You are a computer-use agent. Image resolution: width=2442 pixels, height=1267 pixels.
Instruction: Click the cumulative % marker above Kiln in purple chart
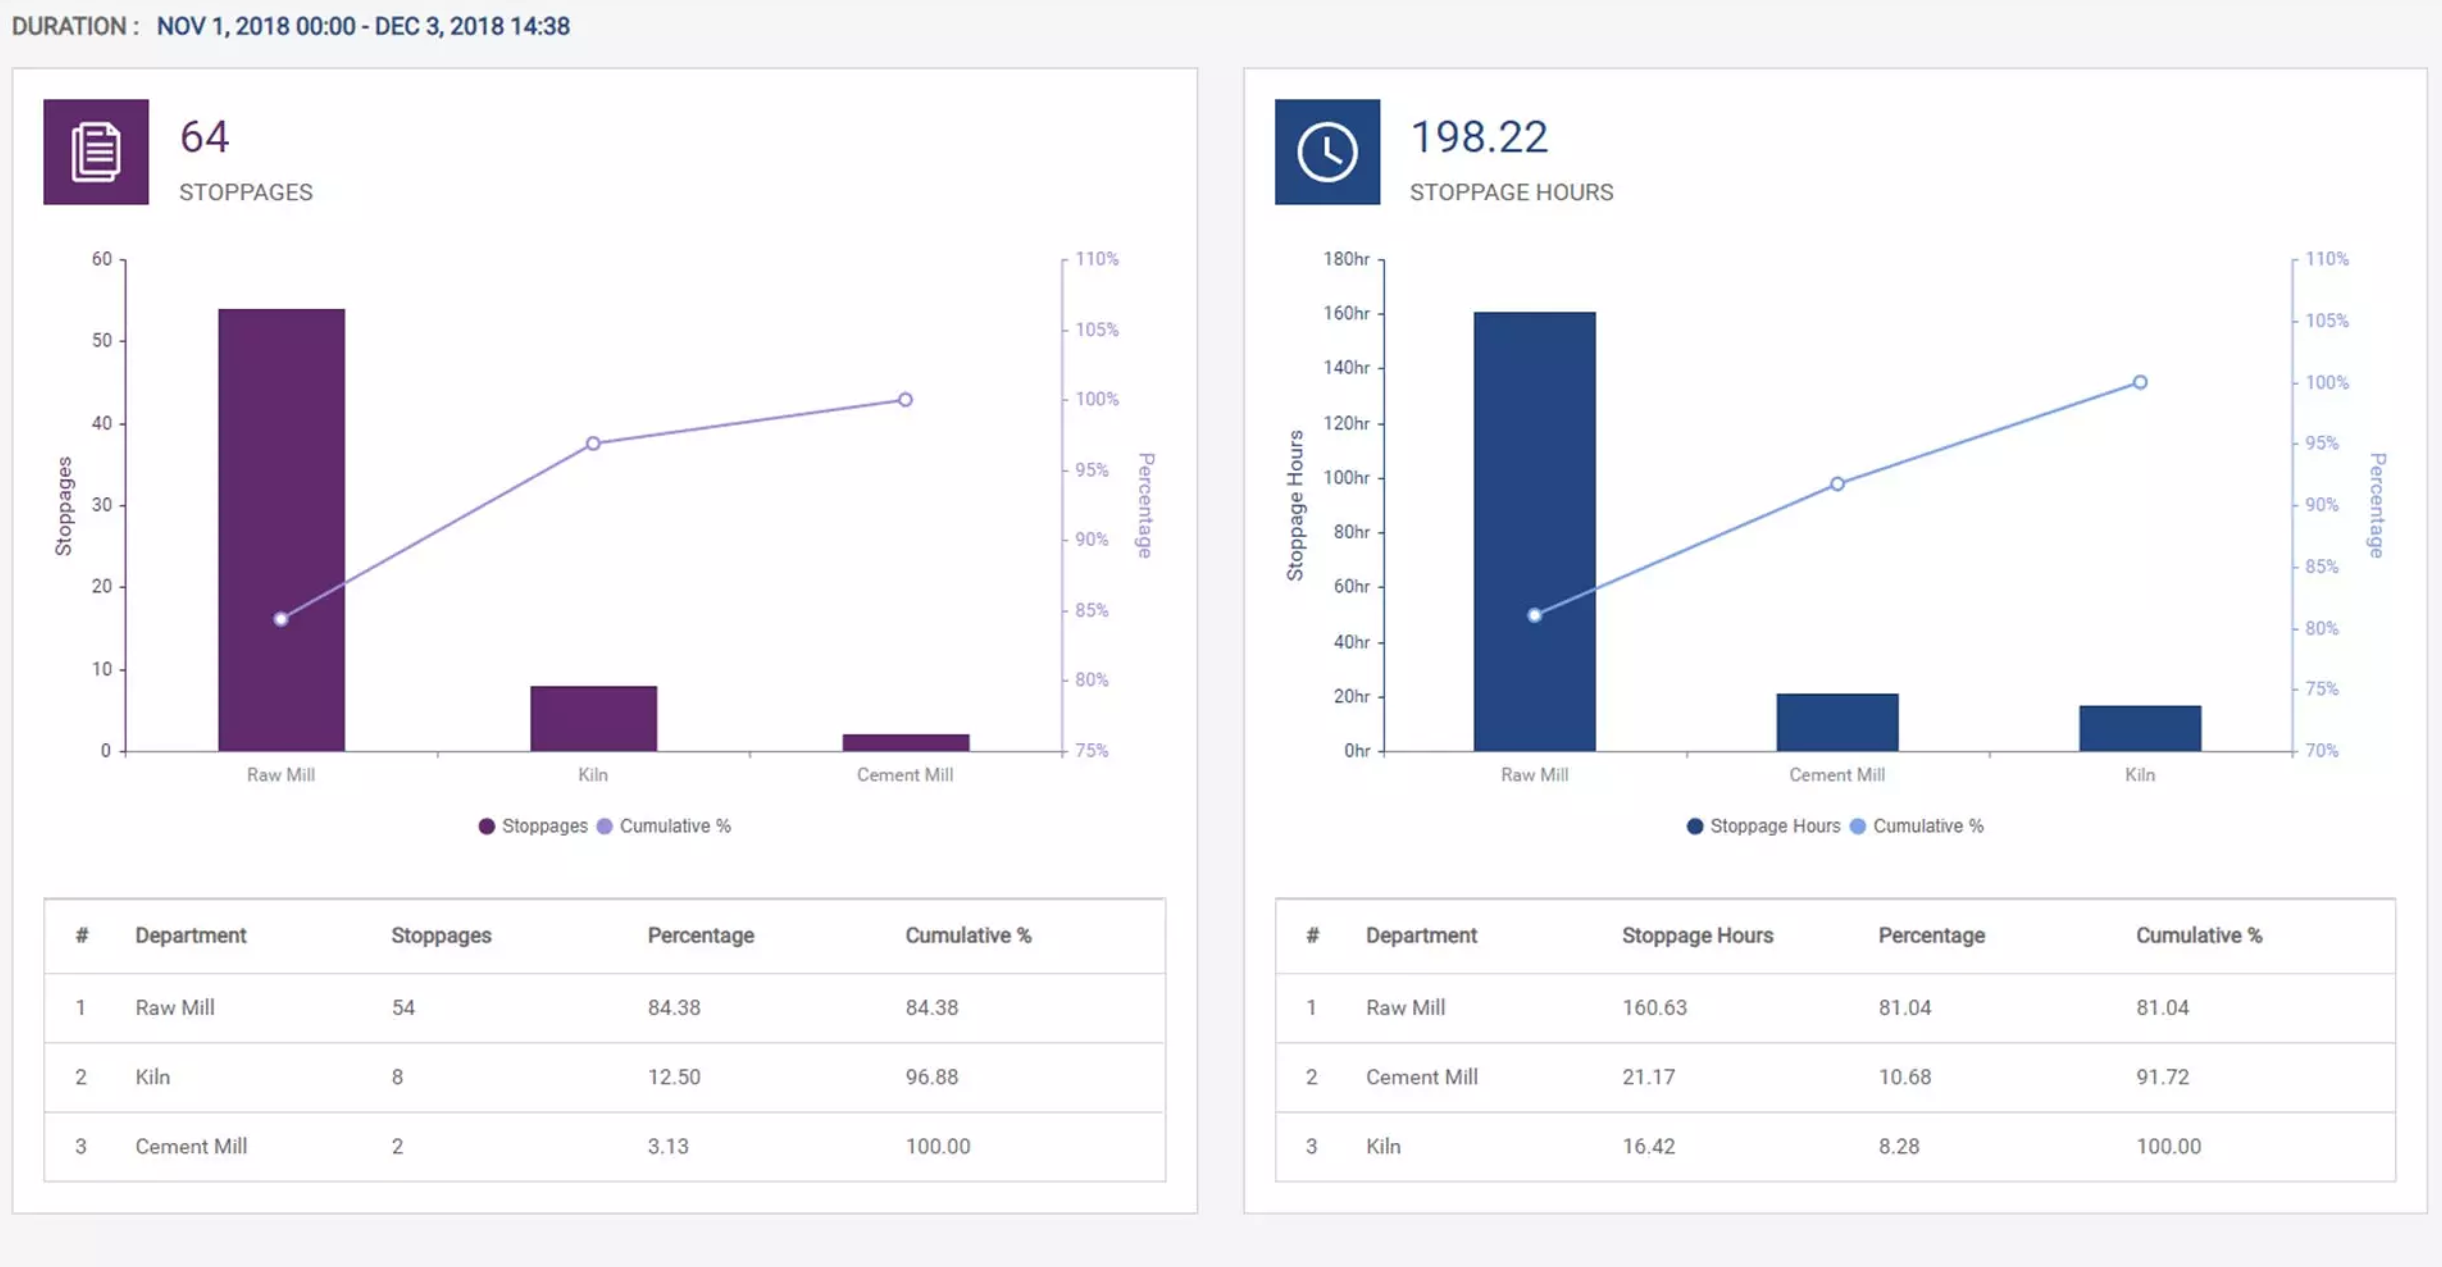[x=593, y=444]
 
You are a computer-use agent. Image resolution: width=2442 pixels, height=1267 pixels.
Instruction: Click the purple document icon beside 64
[x=96, y=152]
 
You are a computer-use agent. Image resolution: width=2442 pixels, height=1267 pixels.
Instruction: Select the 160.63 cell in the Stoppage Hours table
[x=1653, y=1008]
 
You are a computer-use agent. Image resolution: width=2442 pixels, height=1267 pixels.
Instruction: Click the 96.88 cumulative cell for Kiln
[x=931, y=1076]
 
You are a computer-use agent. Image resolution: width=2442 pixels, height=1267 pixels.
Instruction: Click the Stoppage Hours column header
[x=1697, y=935]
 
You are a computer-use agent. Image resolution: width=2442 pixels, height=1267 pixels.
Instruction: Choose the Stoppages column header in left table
[x=441, y=935]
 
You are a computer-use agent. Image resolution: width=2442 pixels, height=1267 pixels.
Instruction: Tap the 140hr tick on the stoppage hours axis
[x=1346, y=367]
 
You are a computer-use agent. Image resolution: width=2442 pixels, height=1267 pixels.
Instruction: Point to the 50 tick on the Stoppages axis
[x=102, y=340]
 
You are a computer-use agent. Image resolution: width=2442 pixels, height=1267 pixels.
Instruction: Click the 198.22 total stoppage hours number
[x=1478, y=137]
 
